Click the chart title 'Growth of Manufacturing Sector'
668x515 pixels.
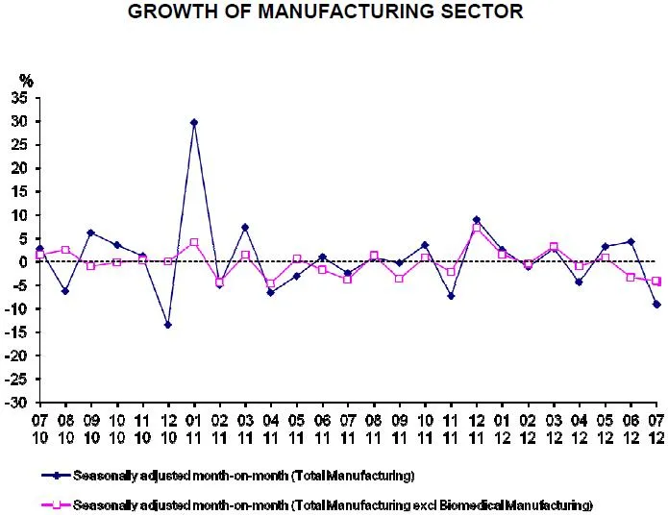(x=326, y=12)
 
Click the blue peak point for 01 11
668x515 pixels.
(x=194, y=122)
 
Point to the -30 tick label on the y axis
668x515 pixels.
(x=19, y=403)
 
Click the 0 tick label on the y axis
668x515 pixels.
(x=27, y=262)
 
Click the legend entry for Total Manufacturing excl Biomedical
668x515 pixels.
(x=332, y=504)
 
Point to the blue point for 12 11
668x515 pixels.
(x=477, y=220)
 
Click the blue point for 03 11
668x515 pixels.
(x=245, y=227)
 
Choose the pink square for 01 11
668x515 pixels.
(x=194, y=242)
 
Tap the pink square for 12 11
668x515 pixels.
(x=477, y=229)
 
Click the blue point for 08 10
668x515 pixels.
(x=64, y=290)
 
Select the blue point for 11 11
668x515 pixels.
(x=451, y=296)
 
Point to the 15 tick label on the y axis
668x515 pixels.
(x=22, y=192)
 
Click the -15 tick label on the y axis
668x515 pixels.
(x=19, y=332)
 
